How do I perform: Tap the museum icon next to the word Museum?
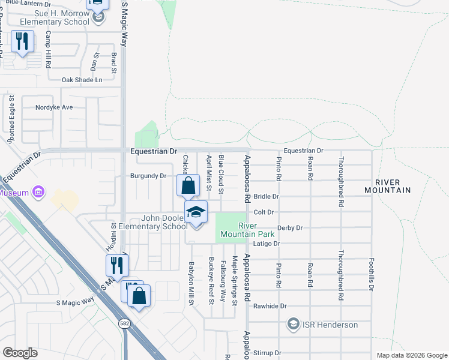(38, 193)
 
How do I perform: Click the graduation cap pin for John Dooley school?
(196, 213)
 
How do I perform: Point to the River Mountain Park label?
(256, 230)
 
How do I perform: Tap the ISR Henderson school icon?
(294, 325)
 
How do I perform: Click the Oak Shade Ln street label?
(82, 80)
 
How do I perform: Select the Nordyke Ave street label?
(54, 107)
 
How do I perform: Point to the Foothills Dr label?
(372, 275)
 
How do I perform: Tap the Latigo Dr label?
(268, 244)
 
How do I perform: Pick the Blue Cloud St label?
(221, 174)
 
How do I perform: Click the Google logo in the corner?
(20, 353)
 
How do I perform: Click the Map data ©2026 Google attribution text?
(411, 355)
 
